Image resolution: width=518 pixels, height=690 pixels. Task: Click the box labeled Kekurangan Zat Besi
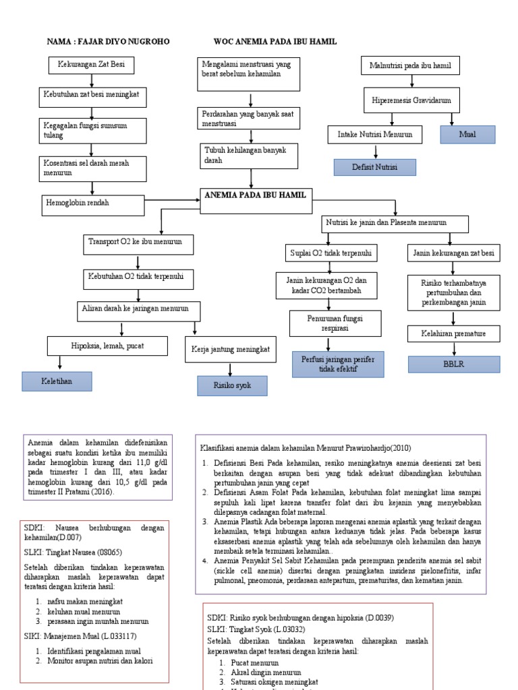[x=91, y=65]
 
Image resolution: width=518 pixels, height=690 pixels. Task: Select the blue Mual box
[x=467, y=135]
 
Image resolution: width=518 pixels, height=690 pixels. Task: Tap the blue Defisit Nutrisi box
[x=374, y=167]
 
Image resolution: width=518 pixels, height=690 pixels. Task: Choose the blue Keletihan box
[x=57, y=381]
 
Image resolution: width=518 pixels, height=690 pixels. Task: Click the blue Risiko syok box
[x=232, y=386]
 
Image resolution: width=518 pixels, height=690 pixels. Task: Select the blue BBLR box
[x=454, y=365]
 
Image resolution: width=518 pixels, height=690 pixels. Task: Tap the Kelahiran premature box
[x=454, y=334]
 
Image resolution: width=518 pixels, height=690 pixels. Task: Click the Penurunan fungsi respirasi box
[x=335, y=323]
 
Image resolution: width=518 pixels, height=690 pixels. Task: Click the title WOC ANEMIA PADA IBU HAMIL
[x=275, y=42]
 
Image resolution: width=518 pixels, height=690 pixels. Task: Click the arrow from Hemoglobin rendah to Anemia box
[x=173, y=199]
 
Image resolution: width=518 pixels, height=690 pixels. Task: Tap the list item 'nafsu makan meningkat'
[x=85, y=601]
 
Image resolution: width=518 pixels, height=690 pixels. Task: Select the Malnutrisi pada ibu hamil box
[x=410, y=66]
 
